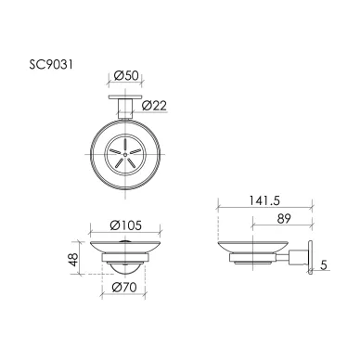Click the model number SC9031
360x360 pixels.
pyautogui.click(x=51, y=65)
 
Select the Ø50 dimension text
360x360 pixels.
pyautogui.click(x=126, y=75)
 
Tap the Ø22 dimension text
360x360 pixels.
pyautogui.click(x=154, y=106)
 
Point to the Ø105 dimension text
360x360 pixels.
pyautogui.click(x=126, y=225)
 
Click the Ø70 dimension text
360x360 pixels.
pyautogui.click(x=124, y=288)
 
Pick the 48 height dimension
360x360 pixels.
pyautogui.click(x=73, y=259)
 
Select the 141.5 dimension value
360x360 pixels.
pyautogui.click(x=264, y=200)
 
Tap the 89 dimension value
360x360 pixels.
pyautogui.click(x=284, y=219)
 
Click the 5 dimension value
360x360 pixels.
pyautogui.click(x=324, y=265)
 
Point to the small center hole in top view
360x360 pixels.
pyautogui.click(x=125, y=154)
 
